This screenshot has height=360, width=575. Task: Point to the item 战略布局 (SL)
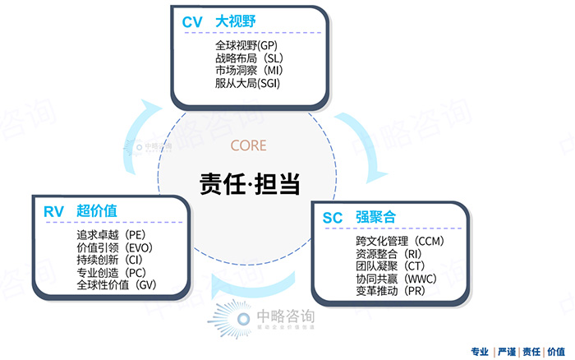point(248,58)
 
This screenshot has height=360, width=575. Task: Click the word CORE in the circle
point(249,145)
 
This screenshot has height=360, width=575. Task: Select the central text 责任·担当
point(249,183)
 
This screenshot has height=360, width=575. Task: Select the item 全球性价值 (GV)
point(116,285)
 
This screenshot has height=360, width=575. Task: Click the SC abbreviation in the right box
point(333,218)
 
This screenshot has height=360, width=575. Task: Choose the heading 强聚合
point(375,218)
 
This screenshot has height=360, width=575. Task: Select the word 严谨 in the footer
point(507,350)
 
